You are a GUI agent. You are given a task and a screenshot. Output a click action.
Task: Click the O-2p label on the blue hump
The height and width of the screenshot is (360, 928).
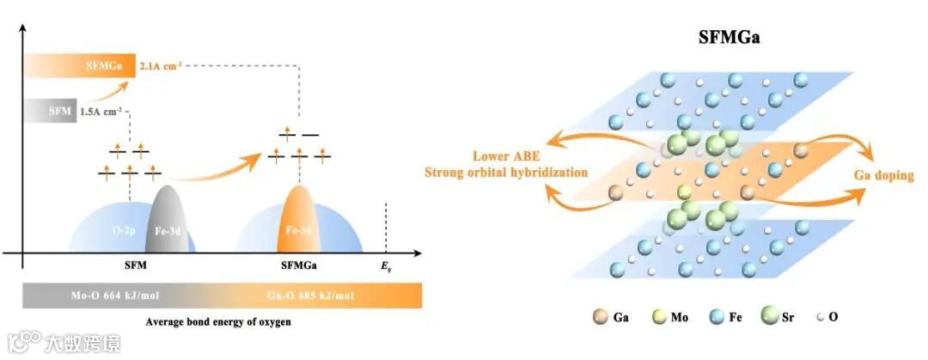(125, 231)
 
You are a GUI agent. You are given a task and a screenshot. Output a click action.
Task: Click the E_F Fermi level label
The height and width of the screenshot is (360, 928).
(387, 267)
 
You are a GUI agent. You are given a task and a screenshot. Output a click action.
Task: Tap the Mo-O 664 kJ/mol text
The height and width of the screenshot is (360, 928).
(117, 296)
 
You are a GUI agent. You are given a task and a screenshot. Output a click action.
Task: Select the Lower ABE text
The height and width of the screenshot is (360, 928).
(507, 156)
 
